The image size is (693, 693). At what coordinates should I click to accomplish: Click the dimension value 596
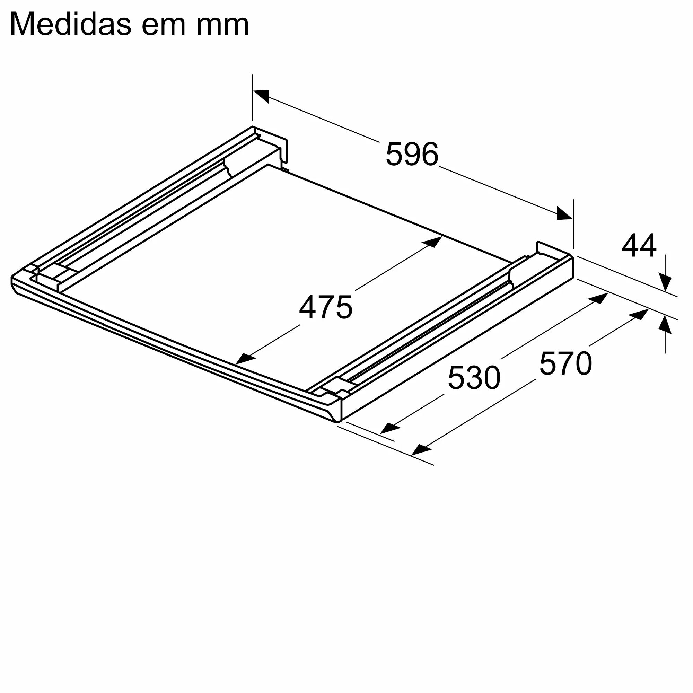point(412,154)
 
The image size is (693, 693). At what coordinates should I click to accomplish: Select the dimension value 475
point(326,307)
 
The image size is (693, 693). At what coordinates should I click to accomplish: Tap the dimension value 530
point(474,378)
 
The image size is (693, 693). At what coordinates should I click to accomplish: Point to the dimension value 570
point(565,364)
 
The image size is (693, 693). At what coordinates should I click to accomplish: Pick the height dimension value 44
point(639,246)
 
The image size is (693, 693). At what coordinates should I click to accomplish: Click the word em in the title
point(164,24)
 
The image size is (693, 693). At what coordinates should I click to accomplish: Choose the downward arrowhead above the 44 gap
point(665,283)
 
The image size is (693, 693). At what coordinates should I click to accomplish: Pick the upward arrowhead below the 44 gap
point(665,324)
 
